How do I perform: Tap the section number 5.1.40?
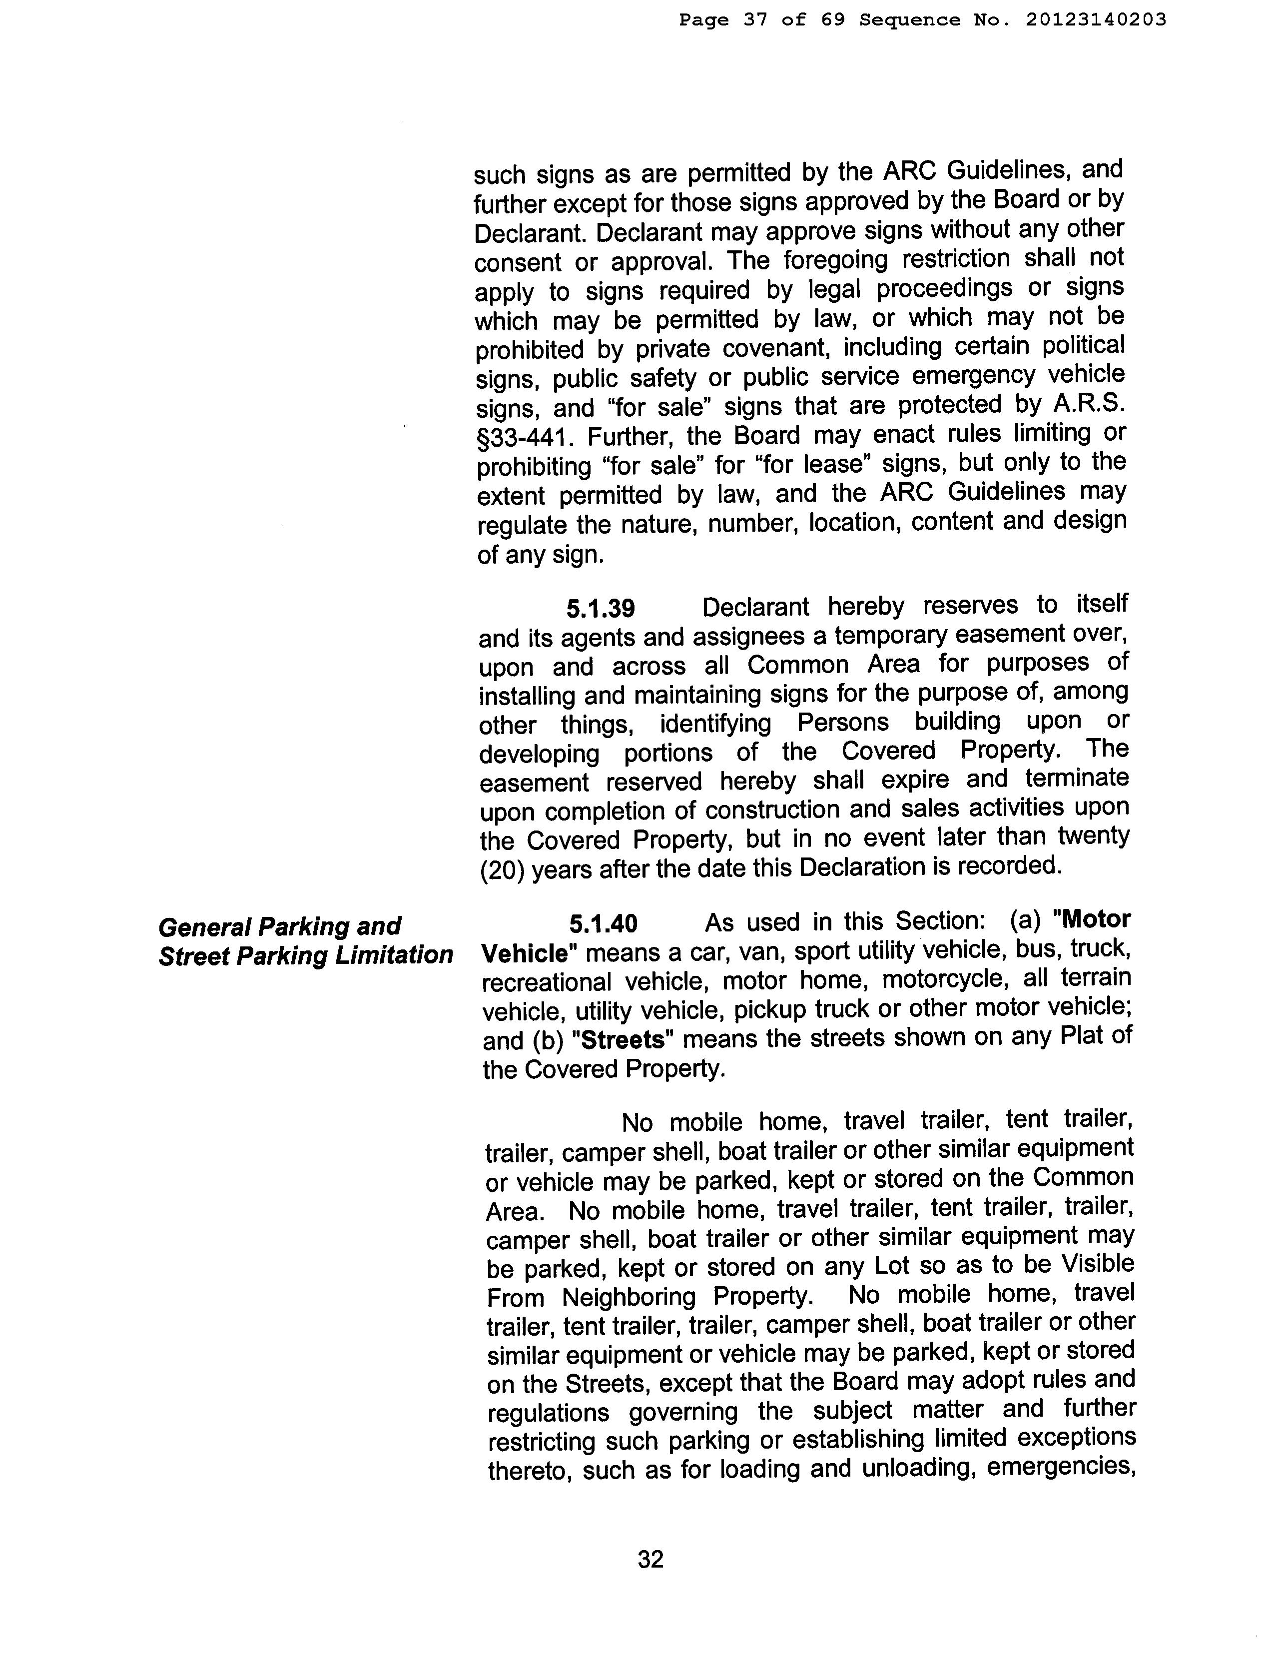pyautogui.click(x=603, y=924)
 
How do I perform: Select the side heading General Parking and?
pyautogui.click(x=279, y=926)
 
